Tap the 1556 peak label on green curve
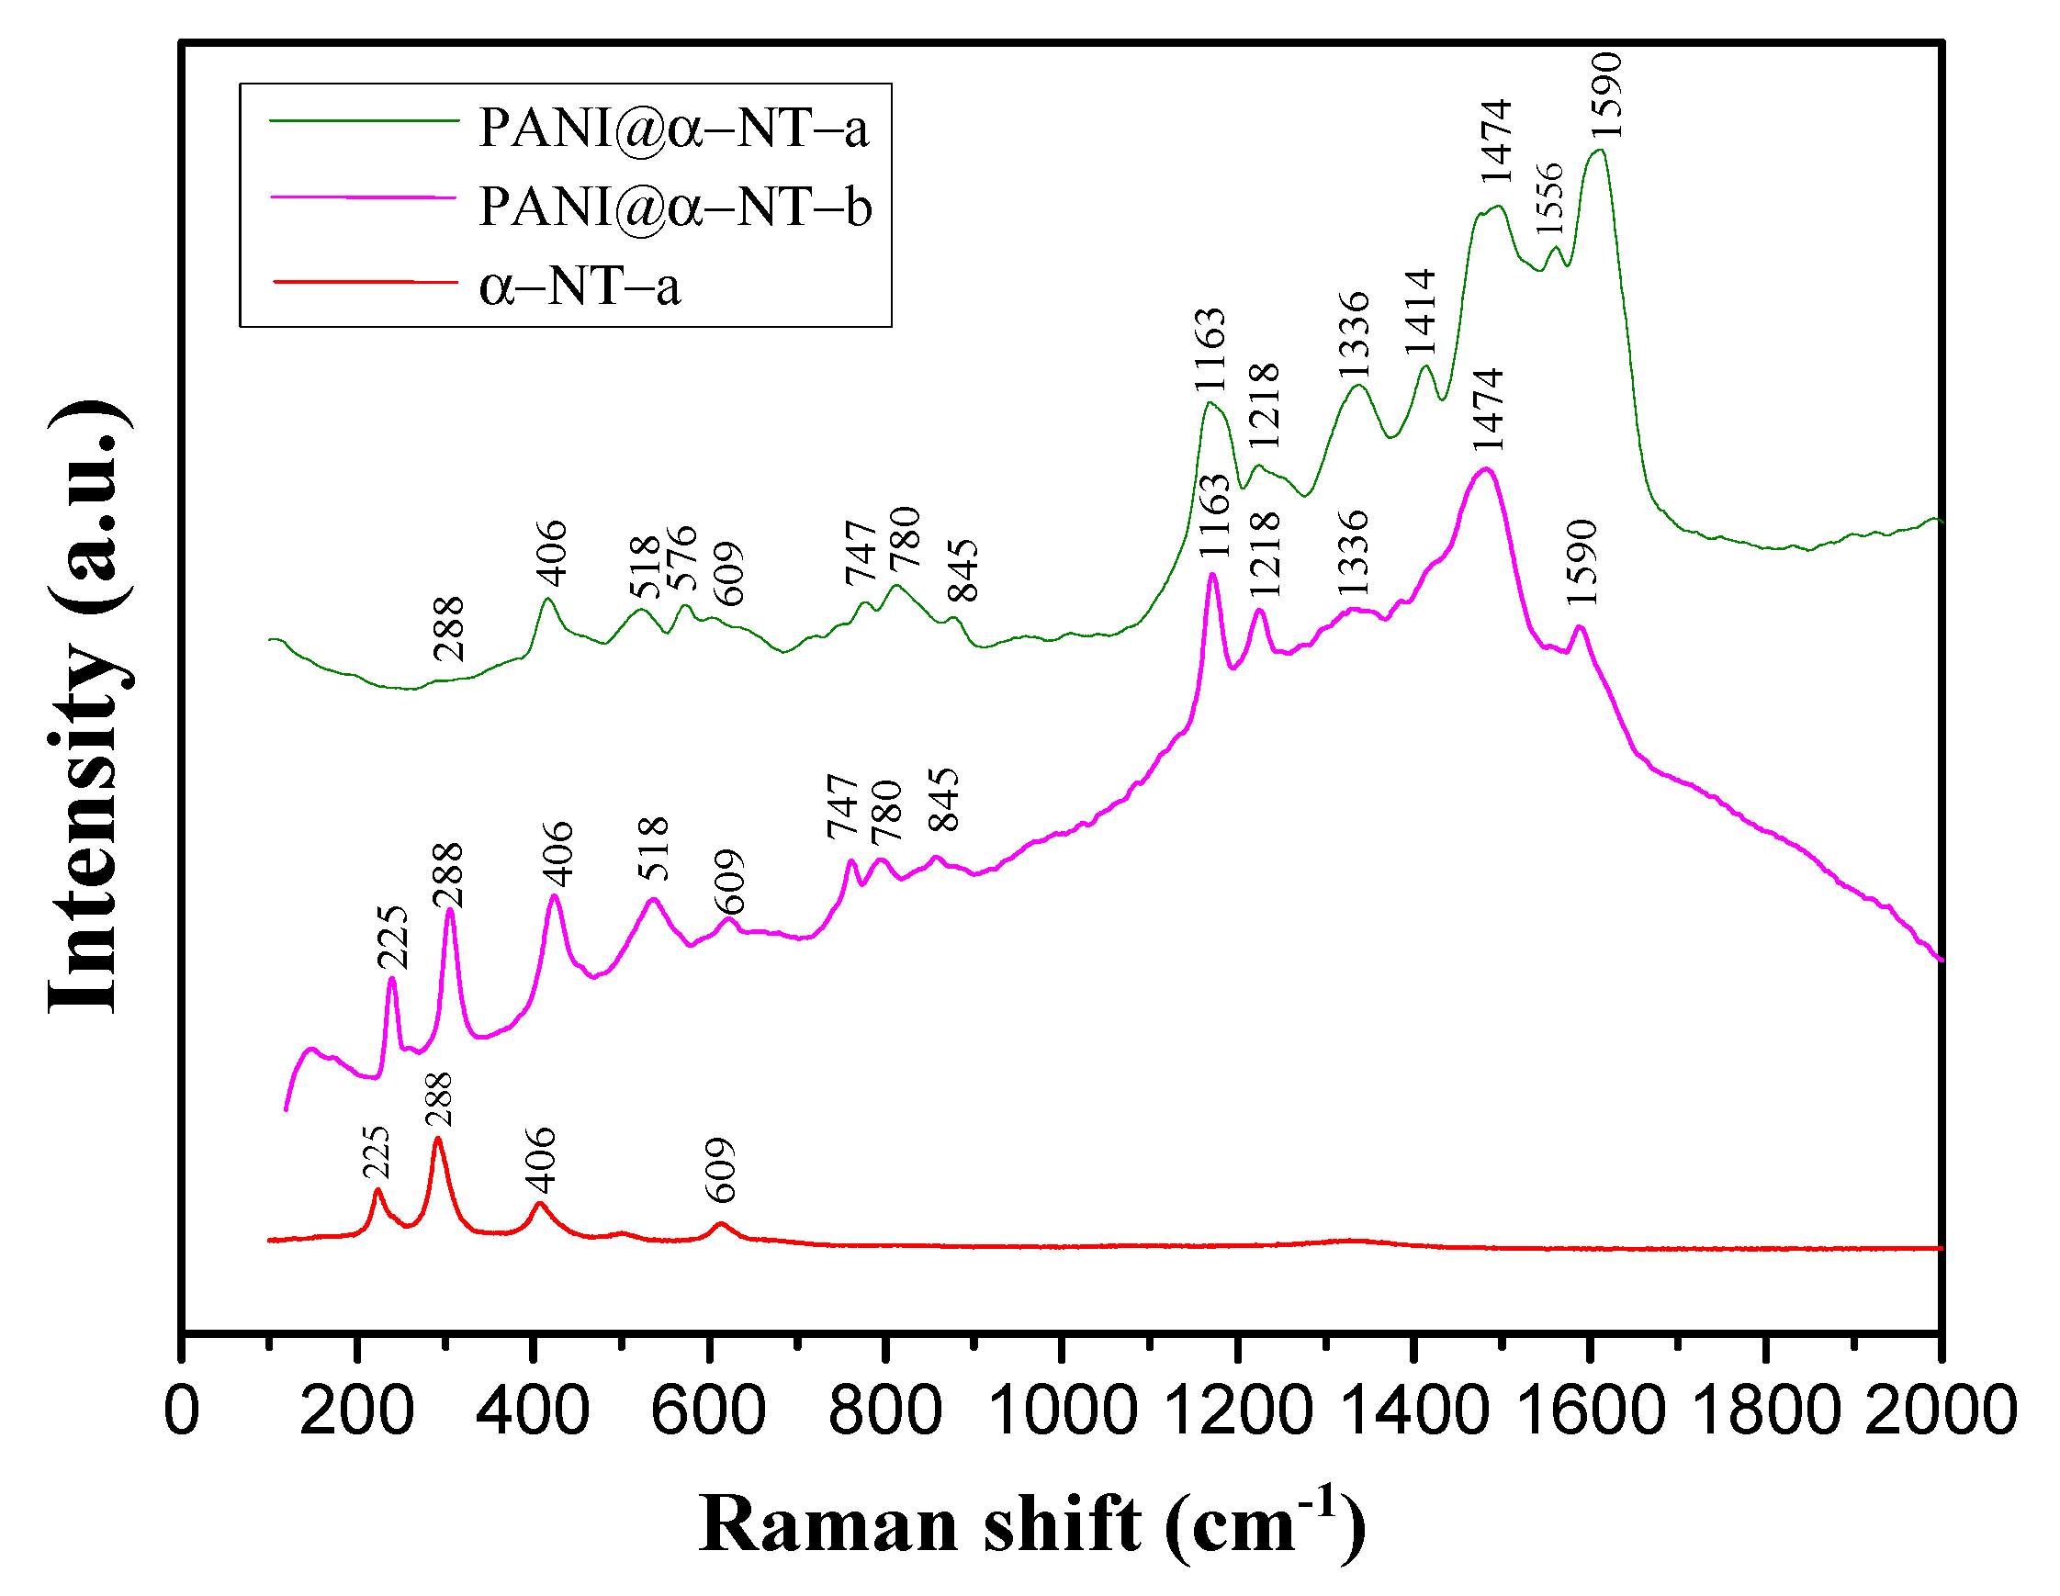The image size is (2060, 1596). coord(1548,198)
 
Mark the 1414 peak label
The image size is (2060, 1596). coord(1420,311)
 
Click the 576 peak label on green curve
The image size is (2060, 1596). coord(681,557)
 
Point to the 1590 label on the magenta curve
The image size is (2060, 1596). coord(1581,562)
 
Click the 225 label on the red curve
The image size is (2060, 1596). coord(376,1152)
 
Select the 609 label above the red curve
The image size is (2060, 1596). coord(721,1171)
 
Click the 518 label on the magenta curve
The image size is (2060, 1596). coord(653,849)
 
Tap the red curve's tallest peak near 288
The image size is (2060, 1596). coord(438,1141)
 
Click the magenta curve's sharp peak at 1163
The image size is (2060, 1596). coord(1212,575)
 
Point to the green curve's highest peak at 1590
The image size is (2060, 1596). coord(1599,151)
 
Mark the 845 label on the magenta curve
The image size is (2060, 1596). coord(943,799)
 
